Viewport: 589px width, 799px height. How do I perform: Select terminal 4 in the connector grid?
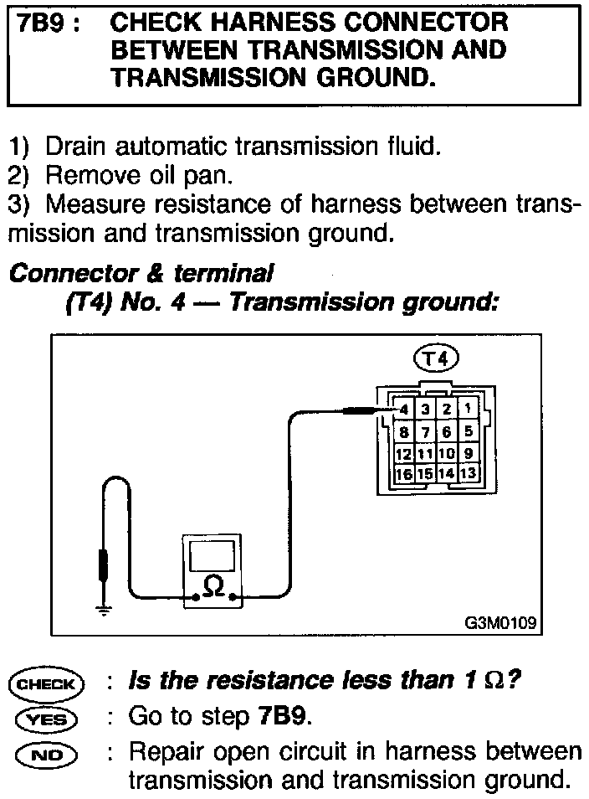click(405, 410)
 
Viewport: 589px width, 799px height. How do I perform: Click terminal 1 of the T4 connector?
click(469, 410)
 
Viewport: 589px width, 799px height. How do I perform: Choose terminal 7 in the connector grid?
click(426, 432)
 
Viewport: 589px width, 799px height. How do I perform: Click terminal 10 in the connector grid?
click(448, 453)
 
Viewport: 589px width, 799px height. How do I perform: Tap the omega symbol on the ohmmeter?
click(213, 588)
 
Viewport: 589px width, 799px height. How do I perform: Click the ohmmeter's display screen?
click(213, 555)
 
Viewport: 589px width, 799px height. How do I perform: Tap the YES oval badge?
click(47, 719)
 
